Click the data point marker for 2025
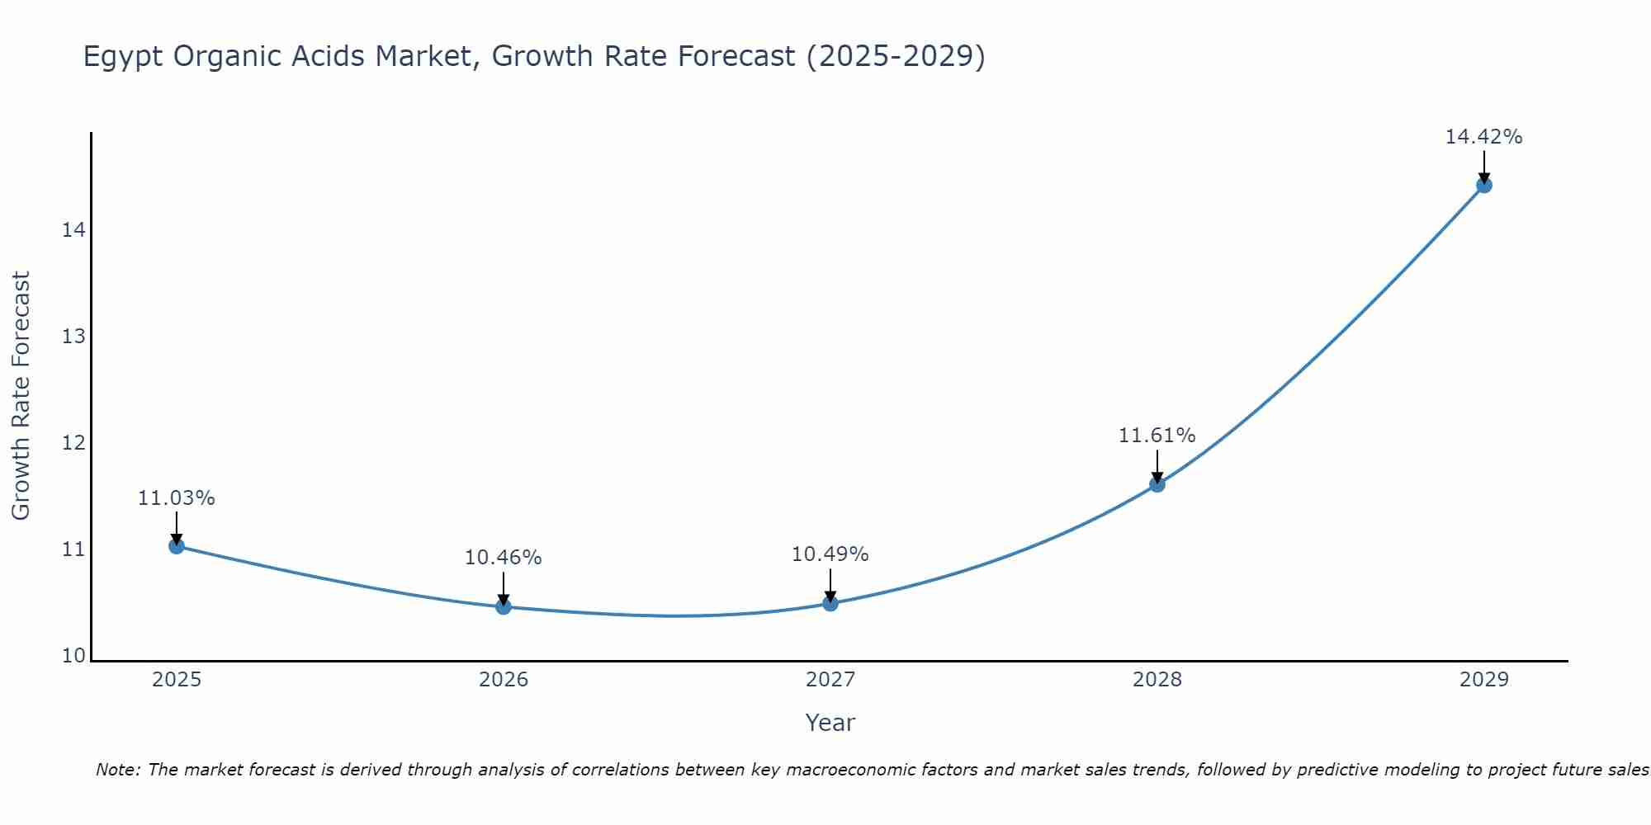[x=177, y=545]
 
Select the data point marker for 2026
[x=504, y=606]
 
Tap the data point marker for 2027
[x=830, y=603]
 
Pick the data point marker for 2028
[x=1157, y=484]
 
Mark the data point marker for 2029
[x=1484, y=185]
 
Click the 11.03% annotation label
[x=176, y=498]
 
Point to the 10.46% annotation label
[x=503, y=558]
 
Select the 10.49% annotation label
[x=830, y=554]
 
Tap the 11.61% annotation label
[x=1157, y=436]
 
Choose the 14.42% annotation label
[x=1483, y=137]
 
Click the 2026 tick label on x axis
[x=504, y=680]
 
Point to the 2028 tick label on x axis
[x=1157, y=680]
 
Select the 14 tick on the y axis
[x=73, y=229]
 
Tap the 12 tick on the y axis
[x=73, y=443]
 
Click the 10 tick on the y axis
[x=73, y=656]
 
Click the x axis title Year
[x=830, y=723]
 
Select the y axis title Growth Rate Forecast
[x=21, y=396]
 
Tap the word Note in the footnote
[x=117, y=770]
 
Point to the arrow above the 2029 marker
[x=1484, y=167]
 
